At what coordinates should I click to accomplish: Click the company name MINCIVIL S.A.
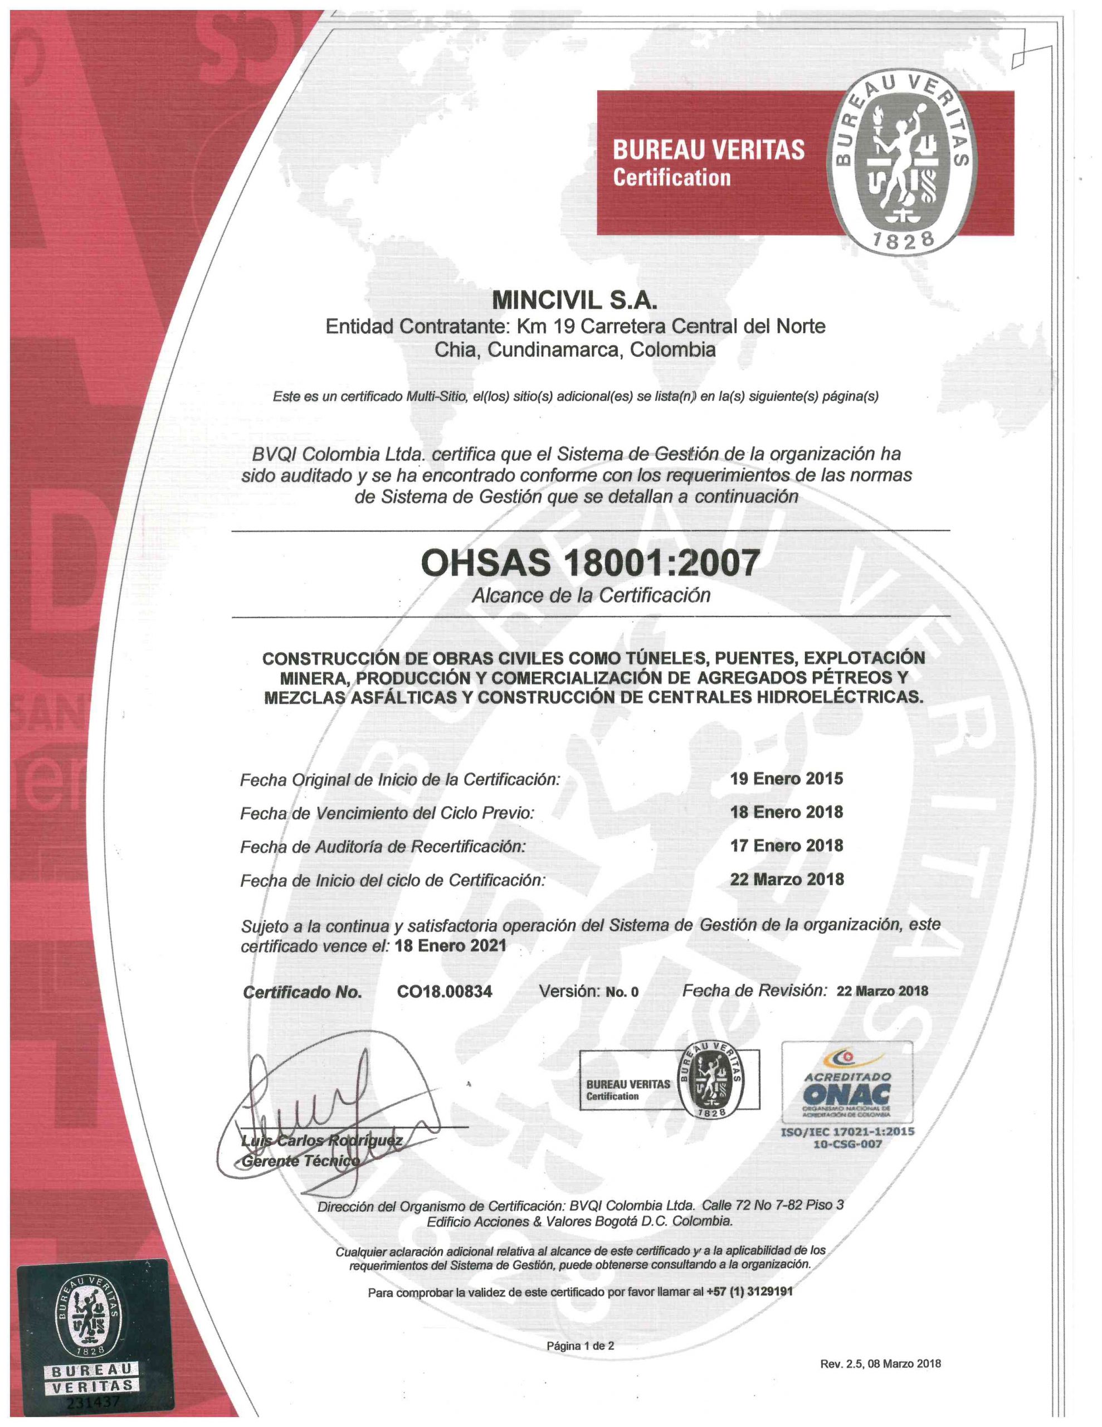tap(573, 300)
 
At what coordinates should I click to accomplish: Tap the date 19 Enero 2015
tap(787, 778)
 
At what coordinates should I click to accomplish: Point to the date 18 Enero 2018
tap(787, 812)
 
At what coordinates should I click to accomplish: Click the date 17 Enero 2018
tap(787, 846)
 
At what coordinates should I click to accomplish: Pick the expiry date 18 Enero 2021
tap(451, 945)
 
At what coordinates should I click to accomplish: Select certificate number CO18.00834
tap(444, 991)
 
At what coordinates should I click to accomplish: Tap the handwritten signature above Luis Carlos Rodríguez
tap(314, 1104)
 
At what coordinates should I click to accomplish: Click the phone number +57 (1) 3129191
tap(750, 1292)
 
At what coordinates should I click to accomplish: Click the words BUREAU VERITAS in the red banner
tap(708, 151)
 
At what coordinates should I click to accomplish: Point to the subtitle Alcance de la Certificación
tap(591, 595)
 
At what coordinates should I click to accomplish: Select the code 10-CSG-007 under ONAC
tap(847, 1143)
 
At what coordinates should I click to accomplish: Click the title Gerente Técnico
tap(300, 1161)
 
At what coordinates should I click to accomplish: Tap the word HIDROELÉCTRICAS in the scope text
tap(840, 697)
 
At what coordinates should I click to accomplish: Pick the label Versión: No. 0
tap(588, 991)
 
